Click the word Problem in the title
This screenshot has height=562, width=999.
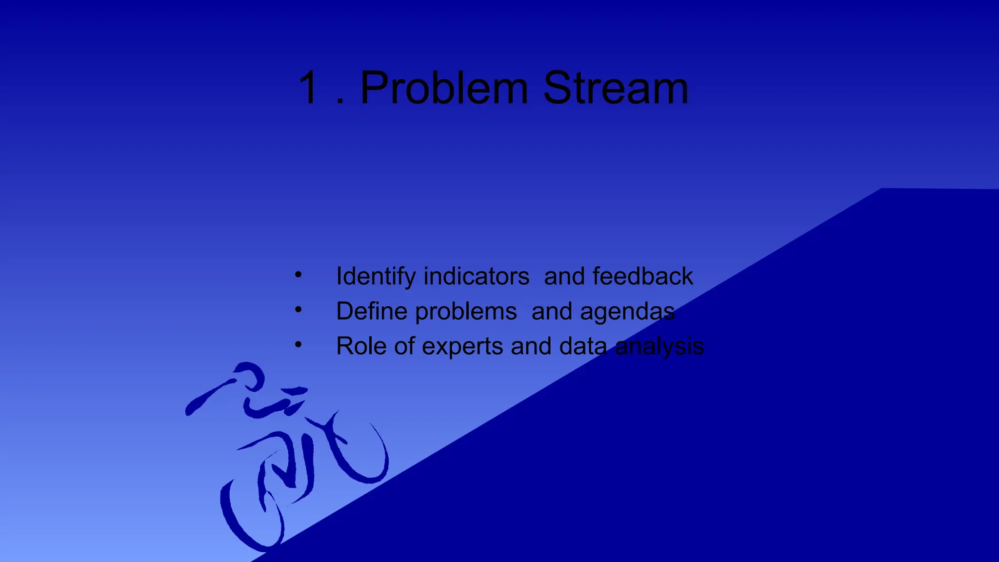[x=444, y=89]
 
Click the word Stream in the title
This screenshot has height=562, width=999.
[x=616, y=89]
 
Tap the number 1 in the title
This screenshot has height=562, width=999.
[x=309, y=89]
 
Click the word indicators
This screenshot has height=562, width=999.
[x=476, y=277]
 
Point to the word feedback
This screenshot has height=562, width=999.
[x=642, y=277]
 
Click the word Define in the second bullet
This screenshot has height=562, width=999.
[x=371, y=312]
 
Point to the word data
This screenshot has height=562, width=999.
[x=583, y=346]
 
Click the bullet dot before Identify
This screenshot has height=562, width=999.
[x=298, y=275]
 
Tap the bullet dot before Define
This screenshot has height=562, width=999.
[x=298, y=309]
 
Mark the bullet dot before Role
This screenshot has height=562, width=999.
[x=298, y=344]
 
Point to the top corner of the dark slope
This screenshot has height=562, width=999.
[x=882, y=189]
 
